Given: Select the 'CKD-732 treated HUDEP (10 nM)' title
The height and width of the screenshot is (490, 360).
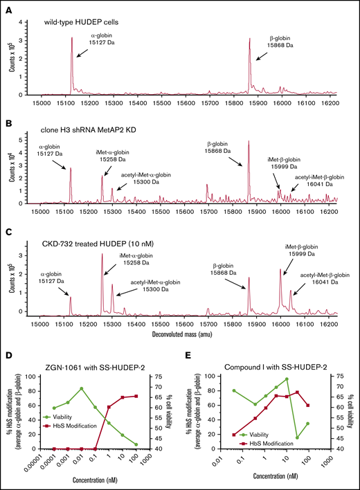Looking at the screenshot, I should (x=100, y=243).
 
